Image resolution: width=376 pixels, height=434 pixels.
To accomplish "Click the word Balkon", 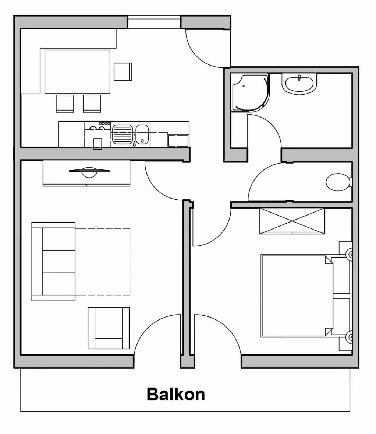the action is pos(176,394).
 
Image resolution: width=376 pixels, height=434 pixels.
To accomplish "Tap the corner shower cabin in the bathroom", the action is pos(250,92).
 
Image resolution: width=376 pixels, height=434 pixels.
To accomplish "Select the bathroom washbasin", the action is pos(299,84).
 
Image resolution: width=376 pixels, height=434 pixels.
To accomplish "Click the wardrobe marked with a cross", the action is pos(292,221).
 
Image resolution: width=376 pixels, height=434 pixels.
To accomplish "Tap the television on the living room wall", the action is pos(89,172).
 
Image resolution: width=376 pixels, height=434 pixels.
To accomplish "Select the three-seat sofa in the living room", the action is pos(53,262).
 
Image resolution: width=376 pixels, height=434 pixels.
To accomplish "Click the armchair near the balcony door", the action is pos(109,328).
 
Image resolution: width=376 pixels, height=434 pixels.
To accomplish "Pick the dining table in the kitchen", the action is pos(77,72).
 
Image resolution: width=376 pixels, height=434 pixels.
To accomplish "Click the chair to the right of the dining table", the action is pos(123,72).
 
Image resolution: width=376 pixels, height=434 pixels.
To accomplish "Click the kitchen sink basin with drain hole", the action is pos(142,134).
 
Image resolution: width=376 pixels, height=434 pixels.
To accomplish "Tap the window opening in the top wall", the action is pos(154,22).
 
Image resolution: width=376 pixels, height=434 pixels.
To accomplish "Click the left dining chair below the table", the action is pos(65,104).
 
